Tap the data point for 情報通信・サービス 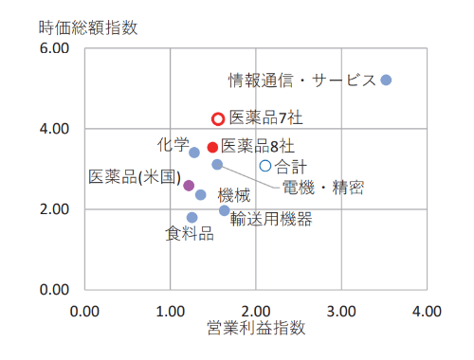coord(386,80)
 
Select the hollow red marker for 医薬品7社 coord(217,119)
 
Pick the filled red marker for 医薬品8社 coord(212,147)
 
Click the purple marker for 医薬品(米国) coord(189,186)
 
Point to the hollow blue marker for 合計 coord(265,166)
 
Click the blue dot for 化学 coord(194,153)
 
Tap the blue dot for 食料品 coord(192,217)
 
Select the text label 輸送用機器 coord(270,220)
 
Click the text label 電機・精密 coord(322,187)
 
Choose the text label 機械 coord(234,196)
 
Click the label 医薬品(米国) coord(134,177)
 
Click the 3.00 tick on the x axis coord(340,310)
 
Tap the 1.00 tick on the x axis coord(170,310)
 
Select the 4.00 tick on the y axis coord(55,129)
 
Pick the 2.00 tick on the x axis coord(255,310)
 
